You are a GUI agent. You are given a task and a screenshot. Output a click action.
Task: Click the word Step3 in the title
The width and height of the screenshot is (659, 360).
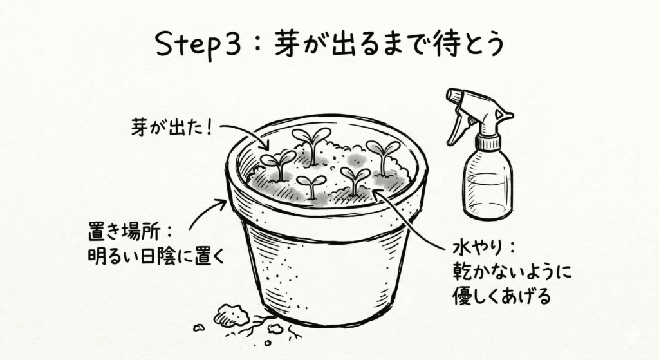(x=198, y=44)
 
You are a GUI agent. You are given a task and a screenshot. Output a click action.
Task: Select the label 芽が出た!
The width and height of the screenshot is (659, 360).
(x=171, y=126)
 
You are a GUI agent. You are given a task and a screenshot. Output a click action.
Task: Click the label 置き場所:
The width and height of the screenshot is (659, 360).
(x=130, y=232)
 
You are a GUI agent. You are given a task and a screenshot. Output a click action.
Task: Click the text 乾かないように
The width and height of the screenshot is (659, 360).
(x=512, y=272)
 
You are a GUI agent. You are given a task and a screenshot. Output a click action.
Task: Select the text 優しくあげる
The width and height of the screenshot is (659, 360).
(x=501, y=296)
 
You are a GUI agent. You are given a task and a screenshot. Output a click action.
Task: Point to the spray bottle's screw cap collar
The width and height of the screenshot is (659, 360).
(x=488, y=142)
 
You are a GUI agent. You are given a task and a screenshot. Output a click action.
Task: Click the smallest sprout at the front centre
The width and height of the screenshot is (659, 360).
(x=311, y=185)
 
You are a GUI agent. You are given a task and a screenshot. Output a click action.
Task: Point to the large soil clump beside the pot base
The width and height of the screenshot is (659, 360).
(x=230, y=314)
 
